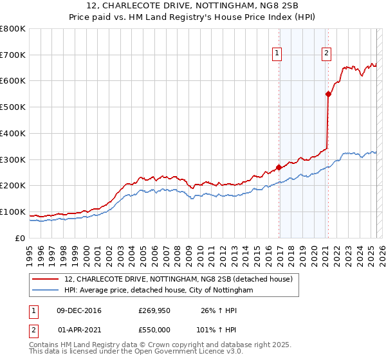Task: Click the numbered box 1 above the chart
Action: [x=277, y=54]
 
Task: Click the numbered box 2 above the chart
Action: [x=327, y=54]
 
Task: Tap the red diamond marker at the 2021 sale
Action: [x=328, y=94]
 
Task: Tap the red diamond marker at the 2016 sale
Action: [x=279, y=167]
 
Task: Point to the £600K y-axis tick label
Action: [x=13, y=81]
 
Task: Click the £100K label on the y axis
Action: [x=13, y=212]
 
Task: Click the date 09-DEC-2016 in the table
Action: [x=79, y=311]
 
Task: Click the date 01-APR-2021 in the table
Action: [x=79, y=330]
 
